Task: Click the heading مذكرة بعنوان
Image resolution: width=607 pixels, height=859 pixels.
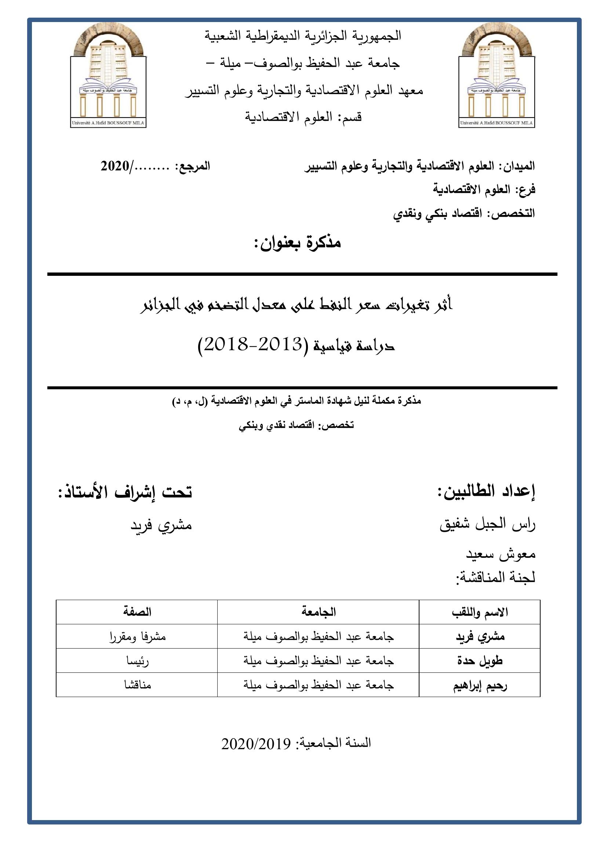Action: tap(297, 243)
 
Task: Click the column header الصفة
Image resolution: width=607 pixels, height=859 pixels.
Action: tap(137, 612)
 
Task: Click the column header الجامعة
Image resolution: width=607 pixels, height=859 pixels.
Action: tap(319, 612)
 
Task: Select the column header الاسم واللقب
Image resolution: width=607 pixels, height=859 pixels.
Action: tap(480, 613)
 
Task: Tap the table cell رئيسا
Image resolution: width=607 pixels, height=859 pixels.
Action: tap(137, 661)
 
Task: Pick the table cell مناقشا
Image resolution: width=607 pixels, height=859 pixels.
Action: tap(138, 685)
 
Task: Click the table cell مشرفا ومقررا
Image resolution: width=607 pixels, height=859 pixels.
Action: tap(137, 637)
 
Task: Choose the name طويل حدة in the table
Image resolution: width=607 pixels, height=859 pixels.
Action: tap(480, 661)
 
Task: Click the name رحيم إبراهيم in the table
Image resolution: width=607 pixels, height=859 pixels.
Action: tap(480, 685)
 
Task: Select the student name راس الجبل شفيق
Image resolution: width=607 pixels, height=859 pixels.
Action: tap(487, 525)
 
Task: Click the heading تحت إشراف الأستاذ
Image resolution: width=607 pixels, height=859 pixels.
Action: tap(125, 492)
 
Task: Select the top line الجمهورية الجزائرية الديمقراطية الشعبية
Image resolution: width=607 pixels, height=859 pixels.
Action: tap(303, 36)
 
